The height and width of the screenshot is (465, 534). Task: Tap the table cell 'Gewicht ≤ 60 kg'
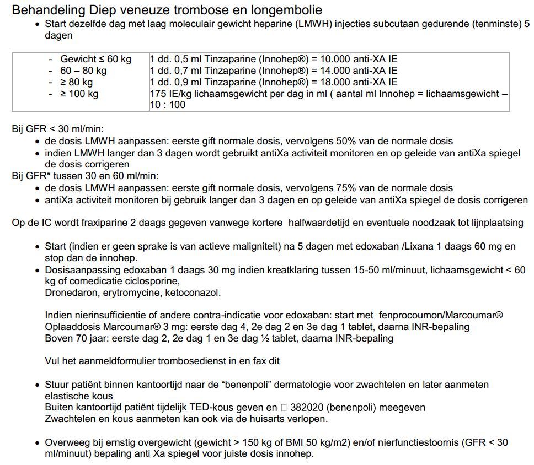pos(95,59)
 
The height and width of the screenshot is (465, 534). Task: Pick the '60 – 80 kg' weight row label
pos(83,71)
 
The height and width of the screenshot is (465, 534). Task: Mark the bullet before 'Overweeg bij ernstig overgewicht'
pos(37,442)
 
